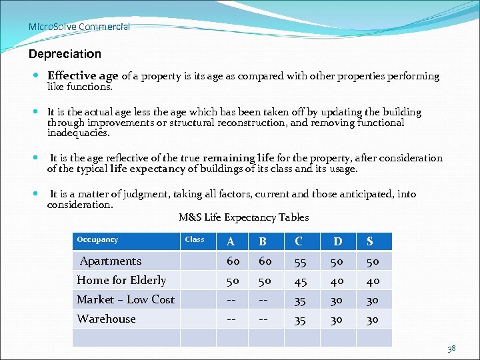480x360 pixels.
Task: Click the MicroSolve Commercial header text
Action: tap(79, 27)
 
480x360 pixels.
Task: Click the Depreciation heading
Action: tap(65, 53)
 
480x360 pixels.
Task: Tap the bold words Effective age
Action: tap(83, 76)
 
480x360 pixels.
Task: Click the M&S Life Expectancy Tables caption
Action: tap(244, 217)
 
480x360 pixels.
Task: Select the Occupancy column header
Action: tap(97, 239)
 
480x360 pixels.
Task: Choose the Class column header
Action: tap(195, 239)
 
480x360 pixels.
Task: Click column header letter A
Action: tap(230, 241)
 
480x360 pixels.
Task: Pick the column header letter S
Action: tap(369, 241)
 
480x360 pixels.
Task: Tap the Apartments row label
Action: tap(111, 261)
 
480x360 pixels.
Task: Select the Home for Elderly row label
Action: tap(121, 280)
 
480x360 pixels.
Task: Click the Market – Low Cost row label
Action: tap(125, 299)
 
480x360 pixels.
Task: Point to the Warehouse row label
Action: tap(106, 319)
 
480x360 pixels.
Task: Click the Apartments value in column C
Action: tap(300, 261)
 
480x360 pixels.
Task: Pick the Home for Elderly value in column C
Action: tap(300, 281)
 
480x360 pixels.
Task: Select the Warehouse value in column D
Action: tap(338, 319)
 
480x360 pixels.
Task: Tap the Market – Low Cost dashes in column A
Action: tap(233, 300)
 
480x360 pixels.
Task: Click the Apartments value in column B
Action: tap(265, 261)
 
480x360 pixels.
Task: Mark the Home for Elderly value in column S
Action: tap(372, 281)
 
